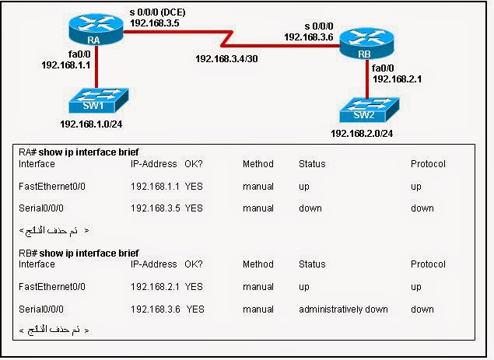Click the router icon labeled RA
94,36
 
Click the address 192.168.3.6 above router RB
310,37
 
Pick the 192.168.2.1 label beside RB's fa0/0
398,79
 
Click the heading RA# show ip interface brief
79,152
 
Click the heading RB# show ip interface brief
79,253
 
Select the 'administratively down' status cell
343,309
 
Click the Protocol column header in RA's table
428,164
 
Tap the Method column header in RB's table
258,264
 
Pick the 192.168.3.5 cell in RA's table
156,208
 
